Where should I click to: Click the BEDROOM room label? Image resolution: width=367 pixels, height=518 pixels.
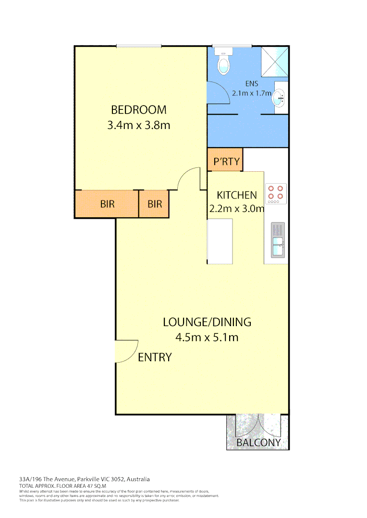139,110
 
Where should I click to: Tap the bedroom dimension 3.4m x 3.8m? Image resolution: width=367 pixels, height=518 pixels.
139,126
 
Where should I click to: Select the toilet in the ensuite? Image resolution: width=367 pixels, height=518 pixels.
224,64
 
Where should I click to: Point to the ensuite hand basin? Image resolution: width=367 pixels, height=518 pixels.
279,99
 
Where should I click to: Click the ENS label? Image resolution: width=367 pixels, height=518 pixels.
252,84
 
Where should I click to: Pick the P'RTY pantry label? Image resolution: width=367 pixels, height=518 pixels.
226,162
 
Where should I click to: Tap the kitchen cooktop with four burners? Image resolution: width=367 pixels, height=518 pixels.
276,193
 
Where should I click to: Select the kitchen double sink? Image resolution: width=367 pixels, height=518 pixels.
278,240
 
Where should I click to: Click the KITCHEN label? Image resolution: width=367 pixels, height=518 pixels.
237,195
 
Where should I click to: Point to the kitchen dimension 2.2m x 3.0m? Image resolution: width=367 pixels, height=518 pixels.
237,209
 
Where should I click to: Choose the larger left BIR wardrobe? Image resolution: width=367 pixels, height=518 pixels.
107,204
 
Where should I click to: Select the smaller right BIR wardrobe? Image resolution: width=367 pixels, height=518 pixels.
155,204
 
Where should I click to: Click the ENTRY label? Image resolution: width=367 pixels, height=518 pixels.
155,357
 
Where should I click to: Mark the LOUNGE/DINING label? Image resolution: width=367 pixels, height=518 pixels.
207,322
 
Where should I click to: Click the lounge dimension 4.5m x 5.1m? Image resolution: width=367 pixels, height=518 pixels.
207,337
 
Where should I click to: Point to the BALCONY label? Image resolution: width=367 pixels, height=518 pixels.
258,443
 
